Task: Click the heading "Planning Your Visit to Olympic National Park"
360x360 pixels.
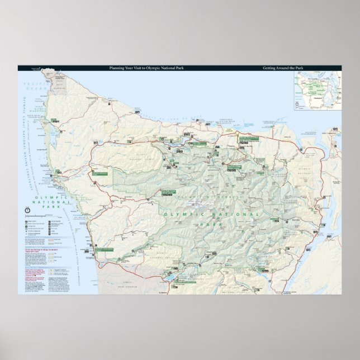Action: coord(138,68)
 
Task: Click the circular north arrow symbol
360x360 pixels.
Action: coord(27,210)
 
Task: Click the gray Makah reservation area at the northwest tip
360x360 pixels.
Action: coord(62,78)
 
